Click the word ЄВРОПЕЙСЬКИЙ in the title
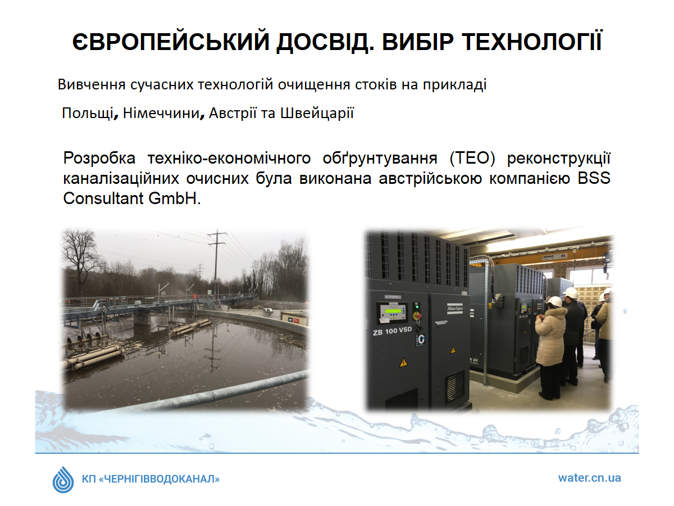click(x=171, y=41)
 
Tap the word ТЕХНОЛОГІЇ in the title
click(x=532, y=41)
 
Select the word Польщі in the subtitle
click(x=88, y=113)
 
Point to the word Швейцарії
click(x=317, y=113)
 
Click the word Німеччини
click(x=162, y=113)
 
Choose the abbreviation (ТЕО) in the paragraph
click(x=472, y=158)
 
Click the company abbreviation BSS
click(x=594, y=178)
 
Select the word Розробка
click(x=99, y=159)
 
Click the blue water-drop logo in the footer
click(x=63, y=480)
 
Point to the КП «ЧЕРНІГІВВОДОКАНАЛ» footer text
click(x=151, y=479)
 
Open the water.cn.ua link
click(x=589, y=478)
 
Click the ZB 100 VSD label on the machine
click(x=392, y=331)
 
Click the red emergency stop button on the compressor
click(x=418, y=315)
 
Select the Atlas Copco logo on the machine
click(x=454, y=308)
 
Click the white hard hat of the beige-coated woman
click(x=555, y=302)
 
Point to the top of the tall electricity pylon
click(x=217, y=230)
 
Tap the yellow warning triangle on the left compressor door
click(x=403, y=363)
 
